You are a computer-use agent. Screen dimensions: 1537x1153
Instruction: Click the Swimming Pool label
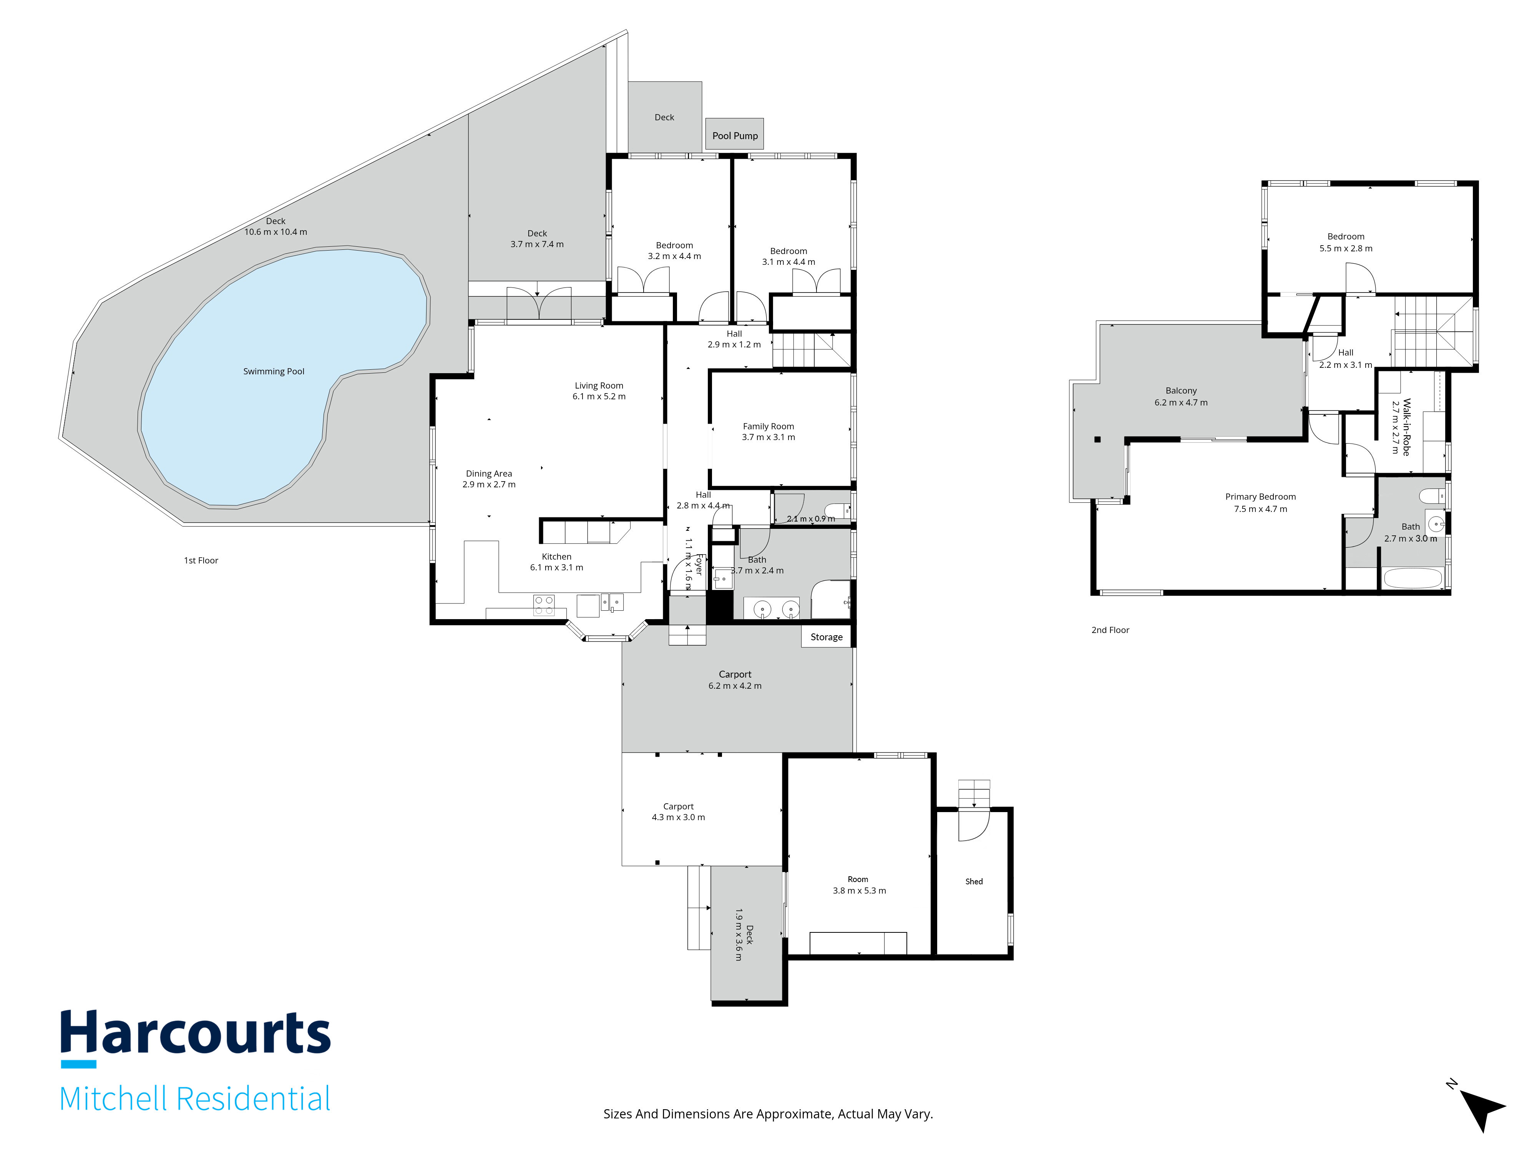[274, 372]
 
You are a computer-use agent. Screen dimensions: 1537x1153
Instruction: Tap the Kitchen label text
[556, 557]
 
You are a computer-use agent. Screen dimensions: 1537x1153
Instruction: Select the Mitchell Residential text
[195, 1099]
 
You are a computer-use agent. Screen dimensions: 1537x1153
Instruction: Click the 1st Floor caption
[201, 561]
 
